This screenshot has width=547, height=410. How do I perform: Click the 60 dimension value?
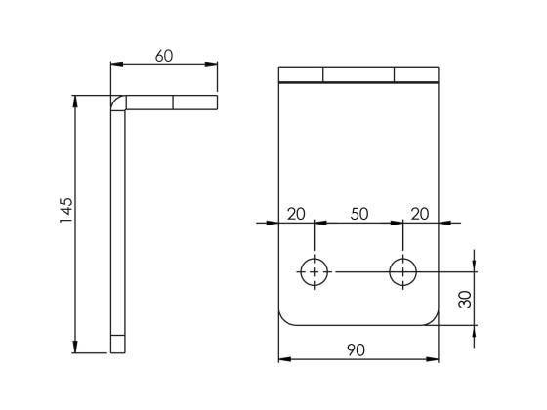pyautogui.click(x=163, y=56)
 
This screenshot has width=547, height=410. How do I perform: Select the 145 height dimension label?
pyautogui.click(x=66, y=211)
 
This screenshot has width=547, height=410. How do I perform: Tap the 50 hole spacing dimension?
pyautogui.click(x=358, y=214)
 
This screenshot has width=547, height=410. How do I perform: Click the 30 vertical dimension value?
pyautogui.click(x=465, y=299)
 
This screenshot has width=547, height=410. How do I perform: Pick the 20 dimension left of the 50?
pyautogui.click(x=295, y=214)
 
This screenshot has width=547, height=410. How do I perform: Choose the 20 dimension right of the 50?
pyautogui.click(x=421, y=214)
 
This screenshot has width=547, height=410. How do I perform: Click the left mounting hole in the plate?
pyautogui.click(x=314, y=272)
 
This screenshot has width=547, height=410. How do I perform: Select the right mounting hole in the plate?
pyautogui.click(x=402, y=272)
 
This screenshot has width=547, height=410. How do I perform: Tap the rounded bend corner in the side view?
pyautogui.click(x=117, y=102)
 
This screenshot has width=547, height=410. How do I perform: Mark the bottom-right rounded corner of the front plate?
pyautogui.click(x=431, y=318)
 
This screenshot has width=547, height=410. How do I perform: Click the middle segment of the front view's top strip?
pyautogui.click(x=358, y=75)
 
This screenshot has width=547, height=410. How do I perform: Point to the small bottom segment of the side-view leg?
pyautogui.click(x=118, y=344)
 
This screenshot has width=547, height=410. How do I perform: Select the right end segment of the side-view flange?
pyautogui.click(x=194, y=102)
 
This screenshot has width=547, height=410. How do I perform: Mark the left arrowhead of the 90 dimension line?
pyautogui.click(x=284, y=359)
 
